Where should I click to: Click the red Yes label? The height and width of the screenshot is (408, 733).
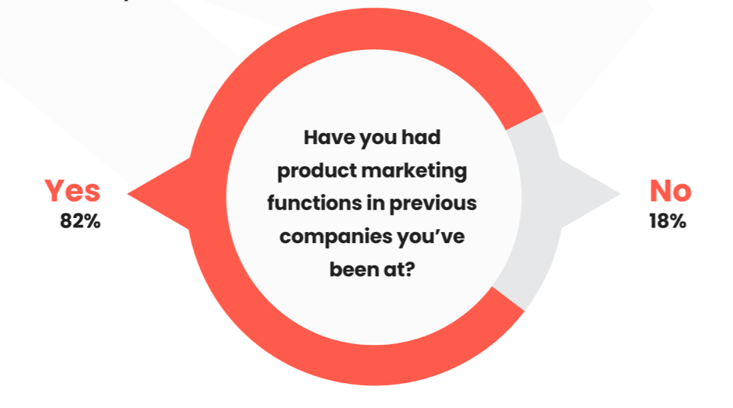[x=72, y=191]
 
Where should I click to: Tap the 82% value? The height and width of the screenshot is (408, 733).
[x=80, y=221]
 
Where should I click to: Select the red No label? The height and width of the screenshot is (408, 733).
[x=670, y=191]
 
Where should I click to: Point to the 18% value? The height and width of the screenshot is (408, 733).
[x=667, y=221]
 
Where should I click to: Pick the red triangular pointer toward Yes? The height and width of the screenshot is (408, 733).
[x=156, y=192]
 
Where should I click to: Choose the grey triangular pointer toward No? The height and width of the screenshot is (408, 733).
[x=591, y=192]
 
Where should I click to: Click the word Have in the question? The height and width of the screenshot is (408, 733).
[x=326, y=138]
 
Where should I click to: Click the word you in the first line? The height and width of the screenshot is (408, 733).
[x=377, y=138]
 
